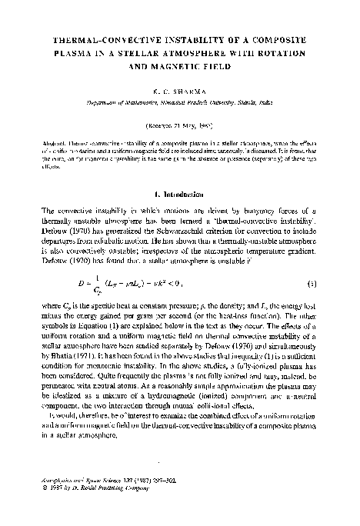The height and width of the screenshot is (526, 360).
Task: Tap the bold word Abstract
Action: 57,144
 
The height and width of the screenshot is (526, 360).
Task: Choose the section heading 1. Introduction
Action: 180,190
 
